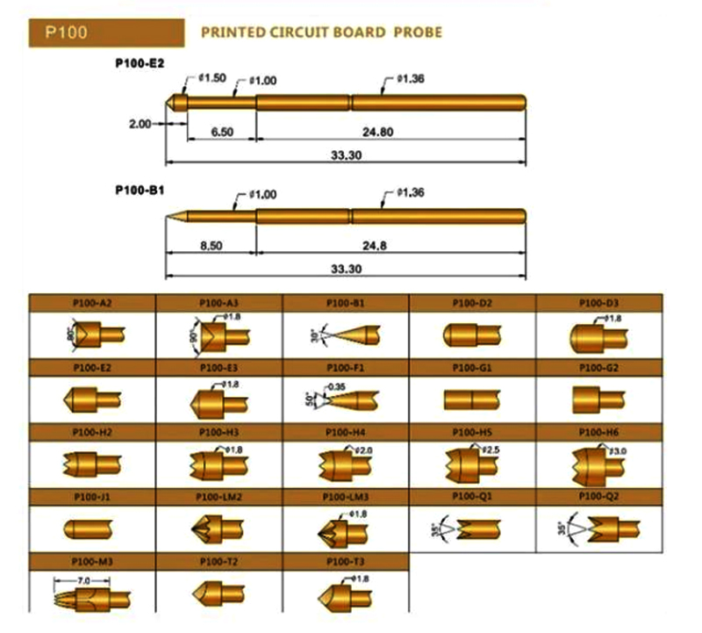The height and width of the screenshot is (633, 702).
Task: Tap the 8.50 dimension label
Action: (211, 247)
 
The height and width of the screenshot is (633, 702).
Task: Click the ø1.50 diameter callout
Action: (212, 77)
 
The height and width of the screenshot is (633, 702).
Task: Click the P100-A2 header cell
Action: (93, 303)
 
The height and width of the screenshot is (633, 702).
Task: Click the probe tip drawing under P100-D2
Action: (472, 335)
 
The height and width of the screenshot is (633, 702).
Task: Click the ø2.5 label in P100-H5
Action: (489, 450)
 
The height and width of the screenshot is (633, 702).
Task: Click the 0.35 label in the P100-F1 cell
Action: (336, 386)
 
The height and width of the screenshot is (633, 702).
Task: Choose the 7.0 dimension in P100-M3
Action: (84, 580)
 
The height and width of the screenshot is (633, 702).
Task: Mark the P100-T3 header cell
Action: (346, 560)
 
